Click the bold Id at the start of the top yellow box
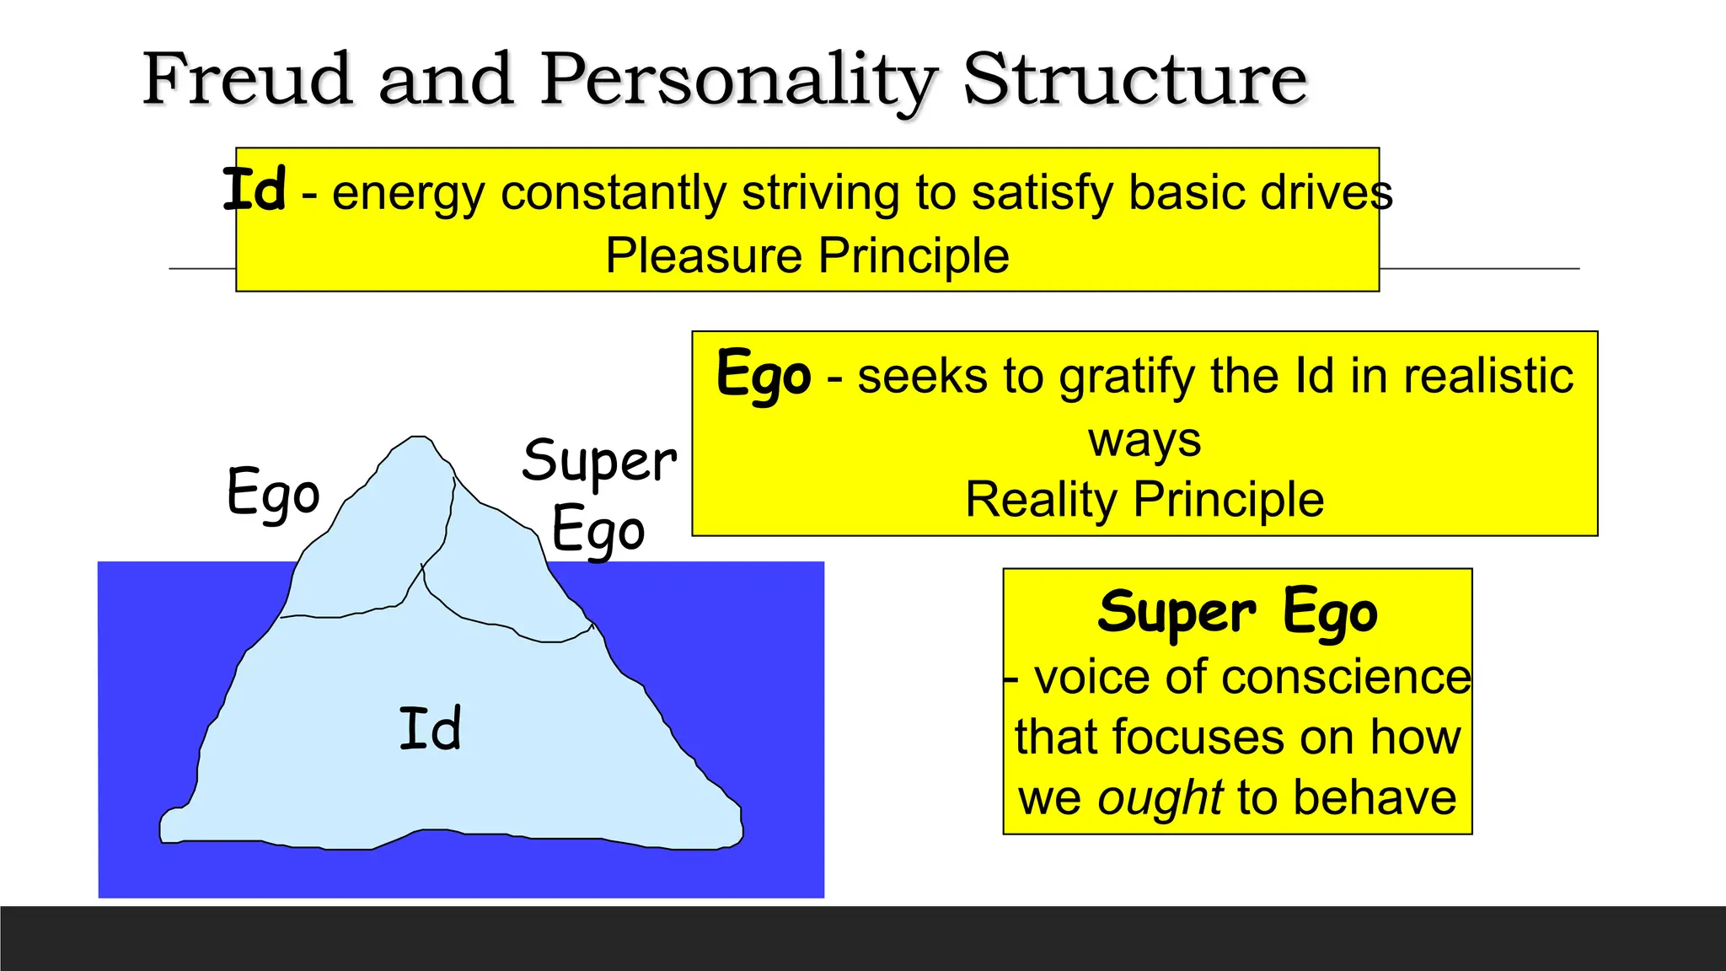(254, 190)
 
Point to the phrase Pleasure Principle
(807, 255)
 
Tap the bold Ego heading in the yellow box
(764, 373)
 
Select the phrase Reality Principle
(1144, 499)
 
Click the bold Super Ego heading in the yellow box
(1237, 612)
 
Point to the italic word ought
(1160, 797)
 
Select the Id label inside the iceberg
(430, 729)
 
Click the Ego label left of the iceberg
(273, 493)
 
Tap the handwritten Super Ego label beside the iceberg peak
(598, 495)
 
